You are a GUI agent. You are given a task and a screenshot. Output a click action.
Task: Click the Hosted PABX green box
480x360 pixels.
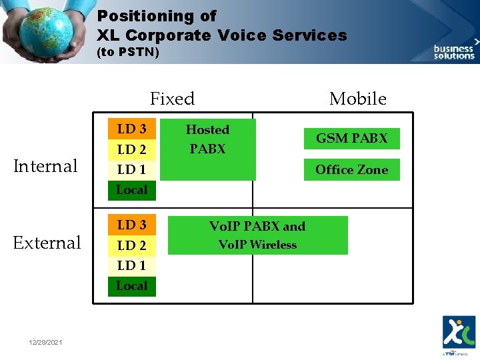click(208, 149)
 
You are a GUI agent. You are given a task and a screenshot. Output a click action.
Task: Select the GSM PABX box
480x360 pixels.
click(351, 139)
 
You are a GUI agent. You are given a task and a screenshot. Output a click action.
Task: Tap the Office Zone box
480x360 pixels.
click(351, 169)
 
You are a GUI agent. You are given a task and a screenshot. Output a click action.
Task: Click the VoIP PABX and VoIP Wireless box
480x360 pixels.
click(257, 235)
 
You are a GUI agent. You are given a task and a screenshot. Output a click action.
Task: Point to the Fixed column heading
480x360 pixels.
click(172, 99)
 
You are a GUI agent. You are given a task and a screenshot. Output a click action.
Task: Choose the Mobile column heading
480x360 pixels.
click(357, 99)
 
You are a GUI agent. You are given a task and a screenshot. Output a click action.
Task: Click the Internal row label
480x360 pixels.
click(46, 166)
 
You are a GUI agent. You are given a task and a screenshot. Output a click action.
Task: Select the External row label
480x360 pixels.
click(47, 243)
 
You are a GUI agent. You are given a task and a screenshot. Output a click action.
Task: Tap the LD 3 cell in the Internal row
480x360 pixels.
click(131, 129)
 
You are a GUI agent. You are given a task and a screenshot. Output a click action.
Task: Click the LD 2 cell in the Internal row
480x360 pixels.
click(131, 149)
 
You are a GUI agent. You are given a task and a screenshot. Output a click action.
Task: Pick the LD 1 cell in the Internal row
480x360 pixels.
click(131, 169)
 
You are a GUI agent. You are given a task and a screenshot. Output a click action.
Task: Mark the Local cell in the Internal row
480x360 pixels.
click(131, 190)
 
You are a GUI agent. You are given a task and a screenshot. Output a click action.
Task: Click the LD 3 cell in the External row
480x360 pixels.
click(131, 225)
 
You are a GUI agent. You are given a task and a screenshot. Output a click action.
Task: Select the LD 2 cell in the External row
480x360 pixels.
click(131, 245)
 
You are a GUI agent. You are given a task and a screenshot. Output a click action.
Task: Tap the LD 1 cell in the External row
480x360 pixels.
click(131, 265)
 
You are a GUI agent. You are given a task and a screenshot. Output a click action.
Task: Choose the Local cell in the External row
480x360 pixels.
click(131, 286)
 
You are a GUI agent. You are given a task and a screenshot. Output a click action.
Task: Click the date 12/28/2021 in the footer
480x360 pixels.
click(47, 342)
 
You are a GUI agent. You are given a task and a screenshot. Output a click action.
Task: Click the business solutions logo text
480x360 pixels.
click(454, 53)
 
